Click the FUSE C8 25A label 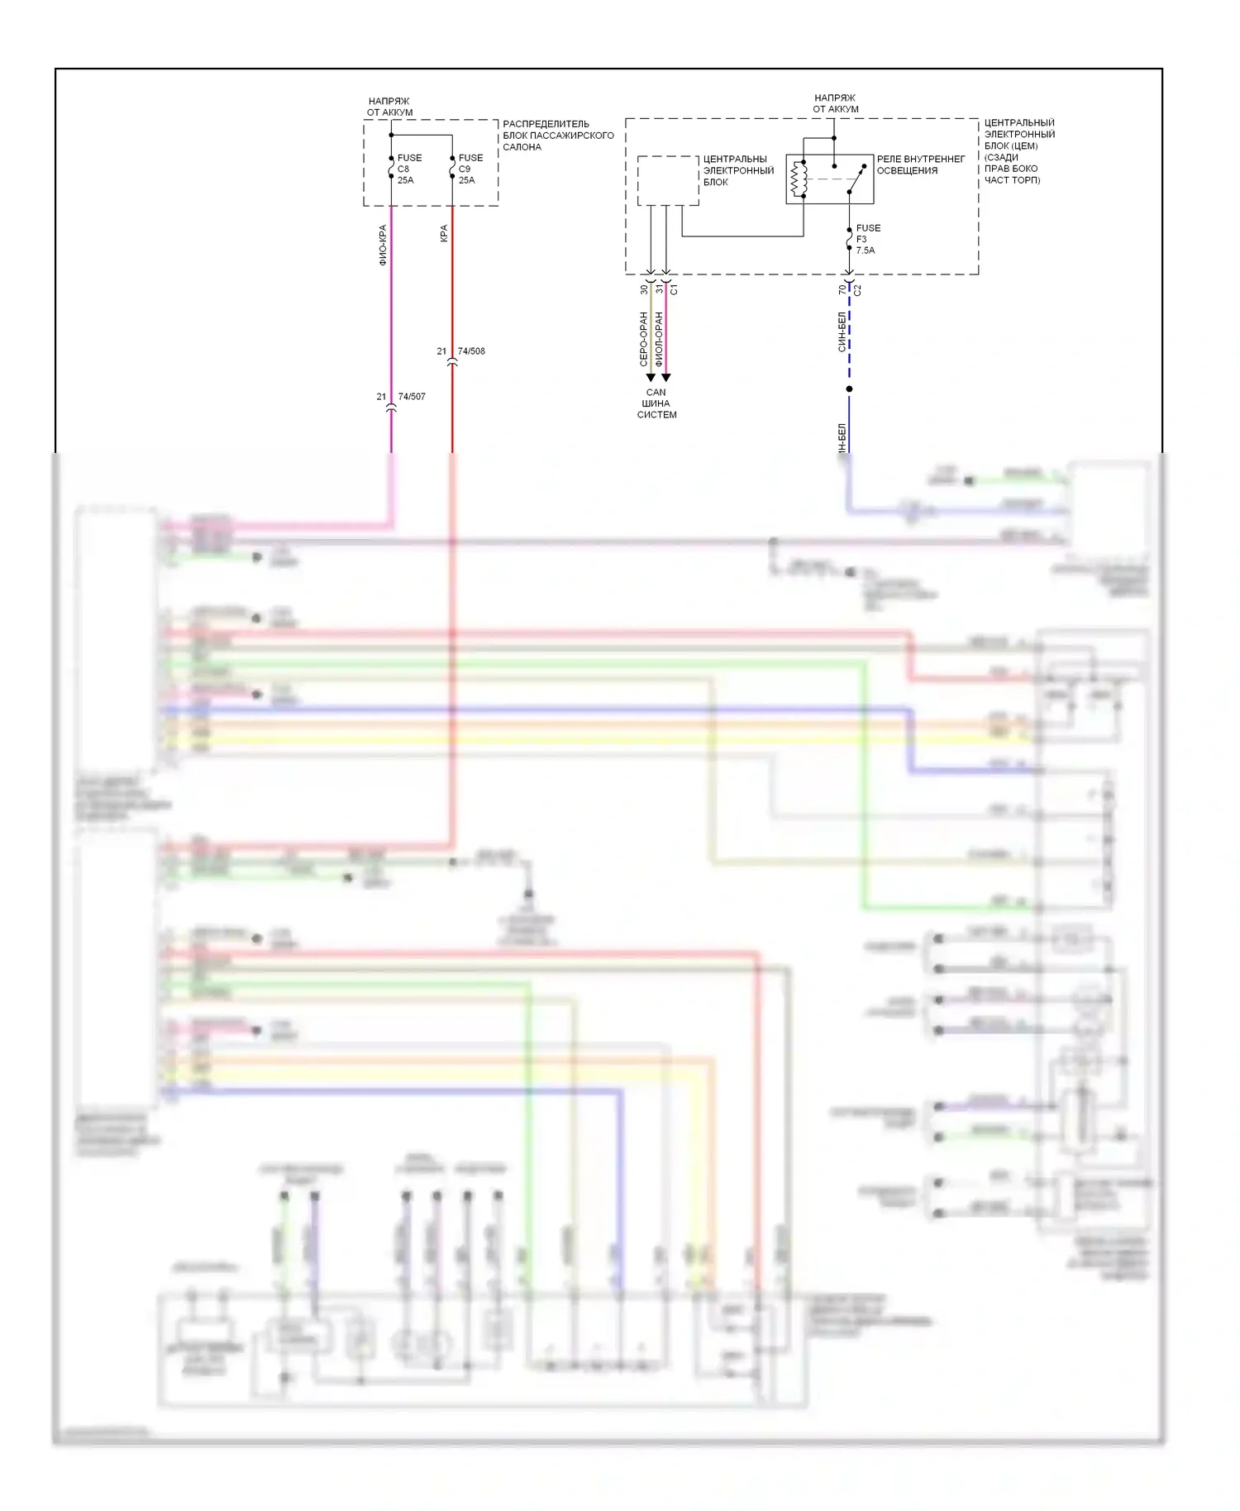(x=408, y=169)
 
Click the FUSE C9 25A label (x=470, y=169)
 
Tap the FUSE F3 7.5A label (x=867, y=239)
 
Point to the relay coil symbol (x=798, y=179)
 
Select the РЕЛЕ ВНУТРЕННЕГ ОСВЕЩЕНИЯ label (x=920, y=164)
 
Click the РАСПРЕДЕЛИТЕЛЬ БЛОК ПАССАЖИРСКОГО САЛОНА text (x=558, y=136)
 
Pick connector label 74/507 (x=412, y=397)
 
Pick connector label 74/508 (x=471, y=351)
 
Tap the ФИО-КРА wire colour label (x=383, y=245)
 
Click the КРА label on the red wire (x=444, y=234)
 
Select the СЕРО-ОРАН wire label (x=643, y=339)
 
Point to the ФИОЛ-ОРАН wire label (x=659, y=339)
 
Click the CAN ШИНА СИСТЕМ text (x=656, y=403)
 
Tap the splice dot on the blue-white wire (x=849, y=388)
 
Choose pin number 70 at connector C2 (x=842, y=290)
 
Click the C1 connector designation (x=674, y=290)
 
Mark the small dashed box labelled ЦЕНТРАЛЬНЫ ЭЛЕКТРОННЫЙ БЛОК (x=668, y=180)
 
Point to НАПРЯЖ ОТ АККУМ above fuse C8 (x=389, y=107)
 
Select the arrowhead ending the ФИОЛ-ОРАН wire (x=666, y=378)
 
